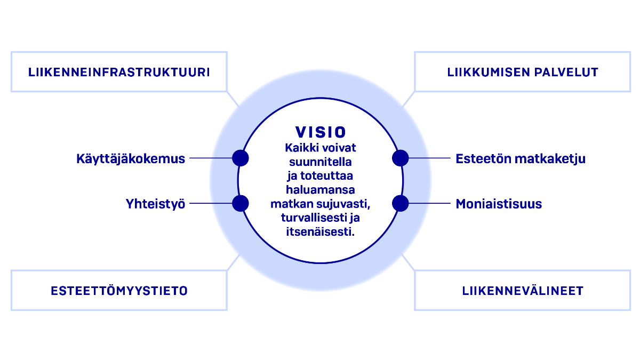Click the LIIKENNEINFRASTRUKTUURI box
[x=119, y=72]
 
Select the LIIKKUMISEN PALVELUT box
[x=522, y=72]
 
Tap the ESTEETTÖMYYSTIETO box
[x=119, y=291]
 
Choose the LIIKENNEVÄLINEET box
[x=522, y=291]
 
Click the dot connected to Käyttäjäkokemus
[x=241, y=158]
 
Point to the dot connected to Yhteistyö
[x=241, y=203]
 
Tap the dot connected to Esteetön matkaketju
[x=400, y=158]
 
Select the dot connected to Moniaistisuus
[x=400, y=203]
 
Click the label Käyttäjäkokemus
[x=131, y=158]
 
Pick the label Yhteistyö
[x=155, y=204]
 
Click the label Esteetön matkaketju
[x=521, y=158]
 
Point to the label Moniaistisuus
[x=499, y=204]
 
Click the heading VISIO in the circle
[x=321, y=132]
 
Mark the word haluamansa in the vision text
[x=321, y=190]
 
